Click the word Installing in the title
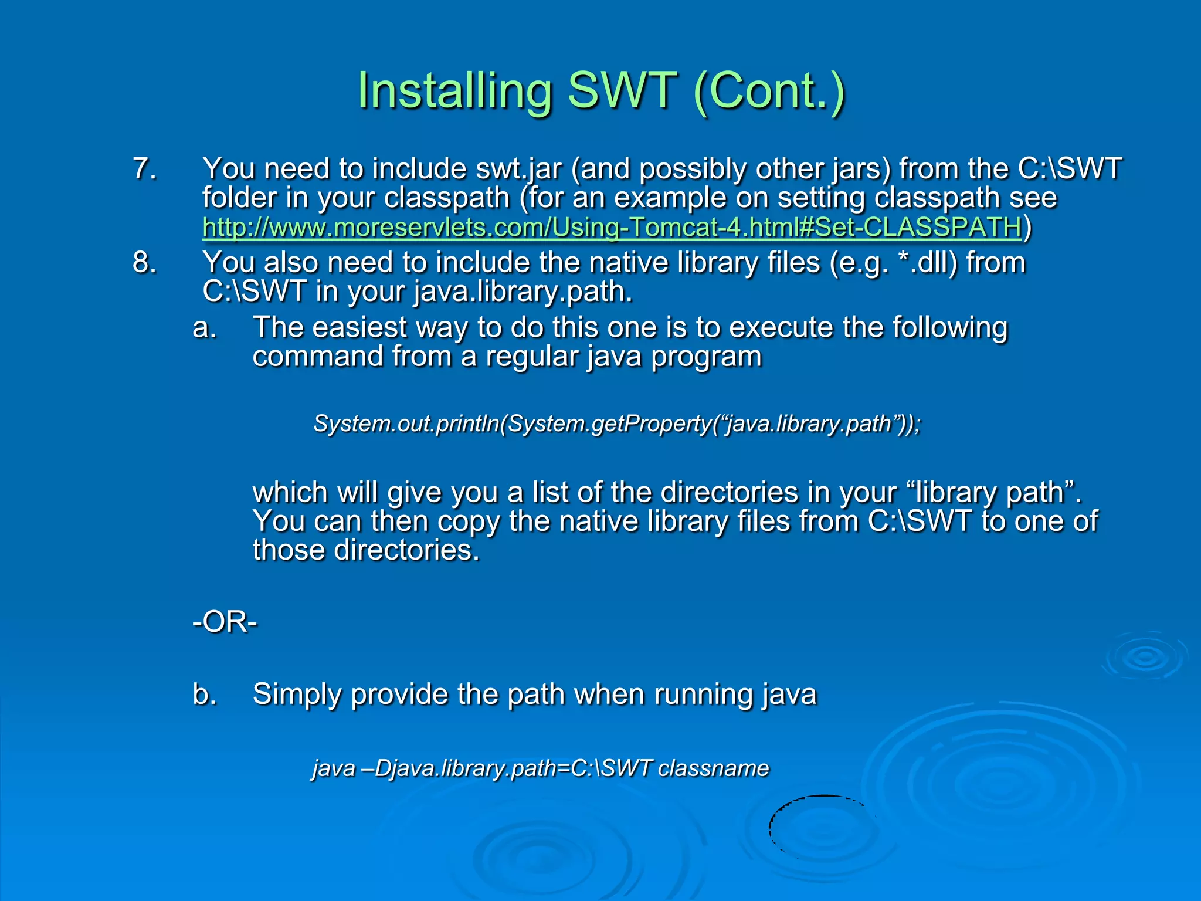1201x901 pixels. pos(455,91)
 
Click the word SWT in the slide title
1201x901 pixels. pos(622,91)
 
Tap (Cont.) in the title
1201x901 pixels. pos(768,91)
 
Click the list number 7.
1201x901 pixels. pos(144,169)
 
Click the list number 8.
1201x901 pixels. pos(144,262)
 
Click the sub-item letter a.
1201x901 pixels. pos(204,327)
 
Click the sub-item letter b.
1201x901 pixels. pos(204,694)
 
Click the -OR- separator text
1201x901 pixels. pos(225,622)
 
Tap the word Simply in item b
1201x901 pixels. pos(297,694)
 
